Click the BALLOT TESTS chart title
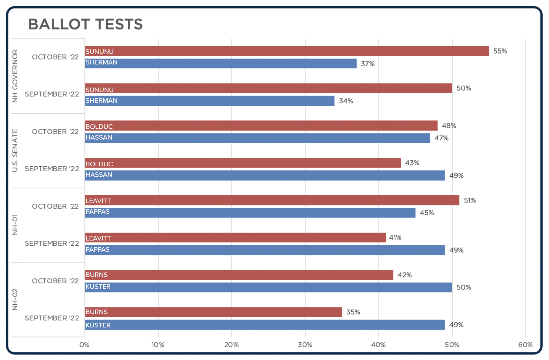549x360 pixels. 85,24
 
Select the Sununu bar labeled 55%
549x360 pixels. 287,51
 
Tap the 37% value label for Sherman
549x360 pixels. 368,64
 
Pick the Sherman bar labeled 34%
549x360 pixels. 209,101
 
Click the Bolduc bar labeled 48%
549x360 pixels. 261,126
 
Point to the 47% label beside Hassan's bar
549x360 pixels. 441,138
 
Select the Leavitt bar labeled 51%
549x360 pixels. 272,200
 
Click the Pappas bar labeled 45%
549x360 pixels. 250,213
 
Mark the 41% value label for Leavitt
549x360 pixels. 395,237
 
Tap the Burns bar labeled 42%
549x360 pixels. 239,275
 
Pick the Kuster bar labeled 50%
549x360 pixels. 268,287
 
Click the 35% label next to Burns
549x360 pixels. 353,312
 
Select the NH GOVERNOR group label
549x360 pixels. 15,76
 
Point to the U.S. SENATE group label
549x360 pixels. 15,151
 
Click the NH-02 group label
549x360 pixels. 15,299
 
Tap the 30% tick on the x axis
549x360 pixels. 305,345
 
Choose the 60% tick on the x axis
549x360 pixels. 525,345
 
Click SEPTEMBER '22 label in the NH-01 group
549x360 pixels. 52,244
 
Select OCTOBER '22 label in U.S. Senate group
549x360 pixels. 55,132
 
